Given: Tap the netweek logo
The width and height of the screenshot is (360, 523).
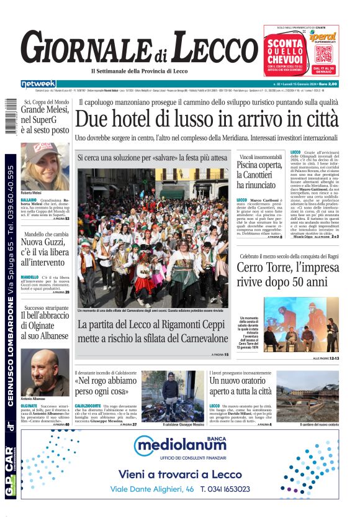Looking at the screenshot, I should pyautogui.click(x=38, y=84).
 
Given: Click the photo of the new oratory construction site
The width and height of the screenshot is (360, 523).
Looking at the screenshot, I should pyautogui.click(x=307, y=397).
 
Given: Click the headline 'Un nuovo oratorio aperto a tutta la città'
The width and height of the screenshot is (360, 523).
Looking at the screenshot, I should pyautogui.click(x=241, y=386).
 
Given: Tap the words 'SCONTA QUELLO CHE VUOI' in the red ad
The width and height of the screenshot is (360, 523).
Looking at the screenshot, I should pyautogui.click(x=284, y=49).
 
